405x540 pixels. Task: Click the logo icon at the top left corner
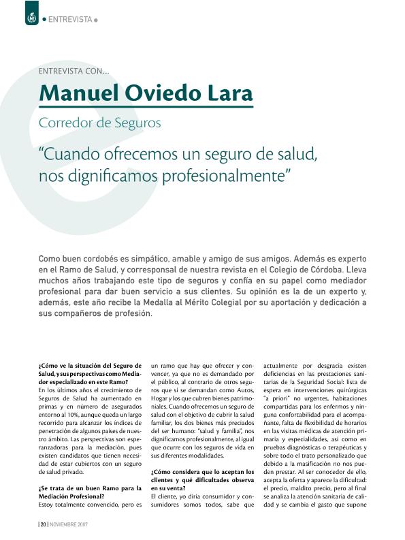[30, 17]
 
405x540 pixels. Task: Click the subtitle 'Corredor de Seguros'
[99, 124]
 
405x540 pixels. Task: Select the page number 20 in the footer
[43, 525]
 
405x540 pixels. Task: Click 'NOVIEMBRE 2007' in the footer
[69, 525]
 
